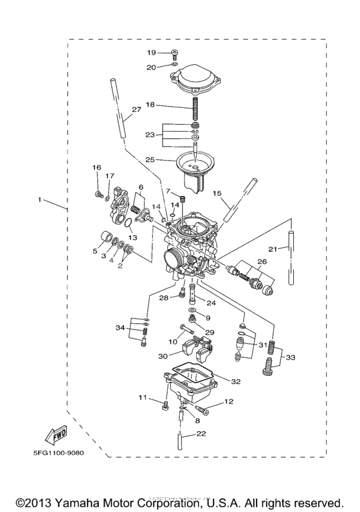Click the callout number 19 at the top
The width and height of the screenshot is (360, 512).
[151, 53]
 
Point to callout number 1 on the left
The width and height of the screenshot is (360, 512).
[40, 200]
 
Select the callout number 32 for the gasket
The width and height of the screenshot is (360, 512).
[235, 381]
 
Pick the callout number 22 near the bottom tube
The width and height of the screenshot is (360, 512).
[201, 434]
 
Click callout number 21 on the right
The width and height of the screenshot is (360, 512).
[273, 249]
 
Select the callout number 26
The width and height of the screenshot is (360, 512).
[261, 261]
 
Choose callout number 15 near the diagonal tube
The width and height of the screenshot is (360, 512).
[217, 193]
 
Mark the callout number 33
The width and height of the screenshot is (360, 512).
[291, 357]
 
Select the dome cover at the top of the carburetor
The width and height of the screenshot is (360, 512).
[192, 83]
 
